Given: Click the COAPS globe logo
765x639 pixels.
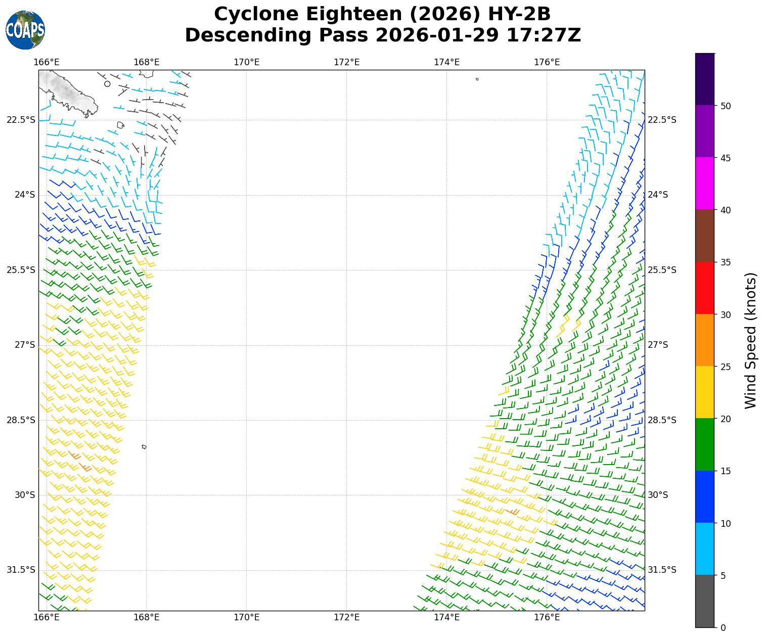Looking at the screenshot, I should click(x=25, y=30).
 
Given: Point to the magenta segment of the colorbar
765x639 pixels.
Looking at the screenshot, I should click(x=705, y=183).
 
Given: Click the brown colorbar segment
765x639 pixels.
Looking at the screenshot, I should click(x=705, y=236).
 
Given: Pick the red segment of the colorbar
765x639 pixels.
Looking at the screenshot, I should click(x=705, y=288).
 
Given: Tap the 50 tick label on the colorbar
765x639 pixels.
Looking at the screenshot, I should click(x=725, y=106).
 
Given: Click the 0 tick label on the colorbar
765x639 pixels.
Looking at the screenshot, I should click(x=723, y=627).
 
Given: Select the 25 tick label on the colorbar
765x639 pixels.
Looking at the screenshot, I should click(x=725, y=367).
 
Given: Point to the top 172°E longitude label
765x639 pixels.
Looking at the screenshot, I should click(x=346, y=62).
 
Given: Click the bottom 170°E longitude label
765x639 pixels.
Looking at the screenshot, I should click(x=246, y=617).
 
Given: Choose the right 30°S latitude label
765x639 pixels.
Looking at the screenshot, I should click(x=658, y=495).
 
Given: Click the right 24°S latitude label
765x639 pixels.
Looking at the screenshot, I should click(x=658, y=195).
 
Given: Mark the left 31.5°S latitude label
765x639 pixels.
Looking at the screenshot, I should click(x=21, y=570).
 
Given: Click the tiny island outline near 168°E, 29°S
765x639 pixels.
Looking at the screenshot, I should click(x=144, y=447).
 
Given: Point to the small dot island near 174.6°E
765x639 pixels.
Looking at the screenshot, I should click(x=477, y=79).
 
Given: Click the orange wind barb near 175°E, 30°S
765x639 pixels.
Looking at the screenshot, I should click(x=513, y=512).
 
